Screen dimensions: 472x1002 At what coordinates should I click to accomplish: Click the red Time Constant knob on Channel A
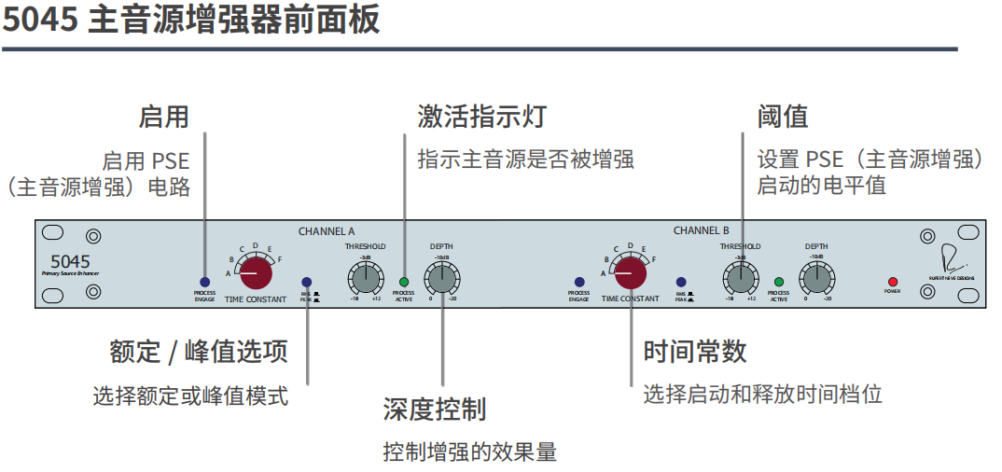pos(256,274)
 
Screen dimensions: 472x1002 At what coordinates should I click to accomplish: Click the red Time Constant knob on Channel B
pos(631,274)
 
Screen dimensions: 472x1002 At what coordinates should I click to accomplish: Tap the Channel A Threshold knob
pos(366,278)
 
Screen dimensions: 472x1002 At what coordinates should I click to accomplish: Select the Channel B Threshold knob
pos(740,278)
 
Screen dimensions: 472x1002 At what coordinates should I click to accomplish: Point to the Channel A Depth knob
pos(442,278)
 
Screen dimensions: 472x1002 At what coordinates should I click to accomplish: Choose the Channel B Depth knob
pos(816,278)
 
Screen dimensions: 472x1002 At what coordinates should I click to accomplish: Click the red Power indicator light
pos(892,282)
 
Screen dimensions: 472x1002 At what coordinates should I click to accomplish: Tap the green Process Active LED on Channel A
pos(404,282)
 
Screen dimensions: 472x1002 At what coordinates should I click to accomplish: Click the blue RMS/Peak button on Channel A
pos(307,282)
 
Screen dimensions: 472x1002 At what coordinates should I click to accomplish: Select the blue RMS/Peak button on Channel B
pos(681,282)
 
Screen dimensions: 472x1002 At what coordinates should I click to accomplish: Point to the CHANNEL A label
pos(327,230)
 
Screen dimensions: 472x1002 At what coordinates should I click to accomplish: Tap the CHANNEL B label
pos(702,230)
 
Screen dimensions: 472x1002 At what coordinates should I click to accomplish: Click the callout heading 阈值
pos(782,117)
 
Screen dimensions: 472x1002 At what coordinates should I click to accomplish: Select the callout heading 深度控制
pos(434,409)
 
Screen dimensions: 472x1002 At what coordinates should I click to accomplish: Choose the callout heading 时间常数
pos(695,352)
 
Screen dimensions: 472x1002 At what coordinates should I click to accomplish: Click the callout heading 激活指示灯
pos(481,117)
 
